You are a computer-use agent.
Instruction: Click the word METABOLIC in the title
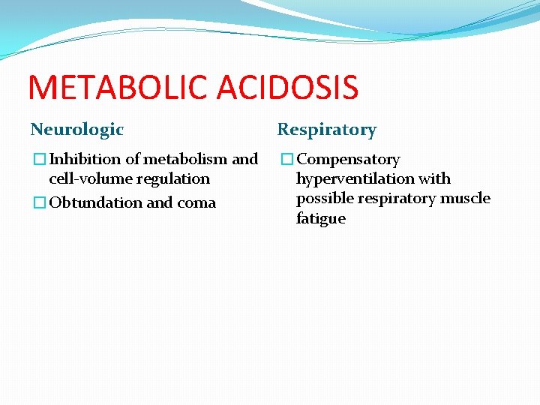click(118, 87)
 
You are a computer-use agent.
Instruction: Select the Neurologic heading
click(76, 129)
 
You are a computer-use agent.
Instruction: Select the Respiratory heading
click(327, 129)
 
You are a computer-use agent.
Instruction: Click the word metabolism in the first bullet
click(186, 159)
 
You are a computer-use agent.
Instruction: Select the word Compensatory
click(349, 159)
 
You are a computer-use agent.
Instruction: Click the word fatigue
click(321, 218)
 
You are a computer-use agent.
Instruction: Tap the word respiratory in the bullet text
click(394, 199)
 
